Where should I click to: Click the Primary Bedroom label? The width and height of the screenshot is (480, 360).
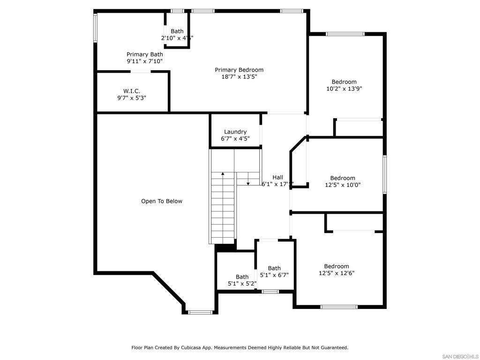[239, 70]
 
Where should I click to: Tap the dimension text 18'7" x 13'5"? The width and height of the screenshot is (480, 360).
[239, 77]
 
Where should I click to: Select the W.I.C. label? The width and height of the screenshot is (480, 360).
[132, 91]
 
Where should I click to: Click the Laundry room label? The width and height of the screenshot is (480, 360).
[235, 132]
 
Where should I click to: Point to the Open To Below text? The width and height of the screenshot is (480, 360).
[162, 201]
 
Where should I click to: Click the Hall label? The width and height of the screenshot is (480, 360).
[278, 177]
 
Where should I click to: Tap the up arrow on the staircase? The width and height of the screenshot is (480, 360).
[223, 174]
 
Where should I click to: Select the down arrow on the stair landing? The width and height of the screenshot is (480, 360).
[248, 182]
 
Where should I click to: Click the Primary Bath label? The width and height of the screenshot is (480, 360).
[145, 54]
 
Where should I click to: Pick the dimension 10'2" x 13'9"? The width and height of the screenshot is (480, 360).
[344, 89]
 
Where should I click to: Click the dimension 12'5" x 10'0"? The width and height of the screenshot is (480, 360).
[343, 185]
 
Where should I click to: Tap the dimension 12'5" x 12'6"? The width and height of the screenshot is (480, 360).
[337, 273]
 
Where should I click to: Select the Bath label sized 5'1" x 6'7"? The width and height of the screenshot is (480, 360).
[274, 268]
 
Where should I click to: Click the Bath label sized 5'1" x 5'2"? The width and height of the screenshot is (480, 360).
[242, 277]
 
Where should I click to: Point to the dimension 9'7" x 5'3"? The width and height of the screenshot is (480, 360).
[132, 98]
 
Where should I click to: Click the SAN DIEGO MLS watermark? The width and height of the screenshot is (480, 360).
[460, 356]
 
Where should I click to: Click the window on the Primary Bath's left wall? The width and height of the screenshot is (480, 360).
[95, 28]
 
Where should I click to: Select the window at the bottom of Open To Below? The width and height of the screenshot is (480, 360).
[200, 312]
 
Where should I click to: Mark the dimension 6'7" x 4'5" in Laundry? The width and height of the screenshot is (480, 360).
[235, 139]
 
